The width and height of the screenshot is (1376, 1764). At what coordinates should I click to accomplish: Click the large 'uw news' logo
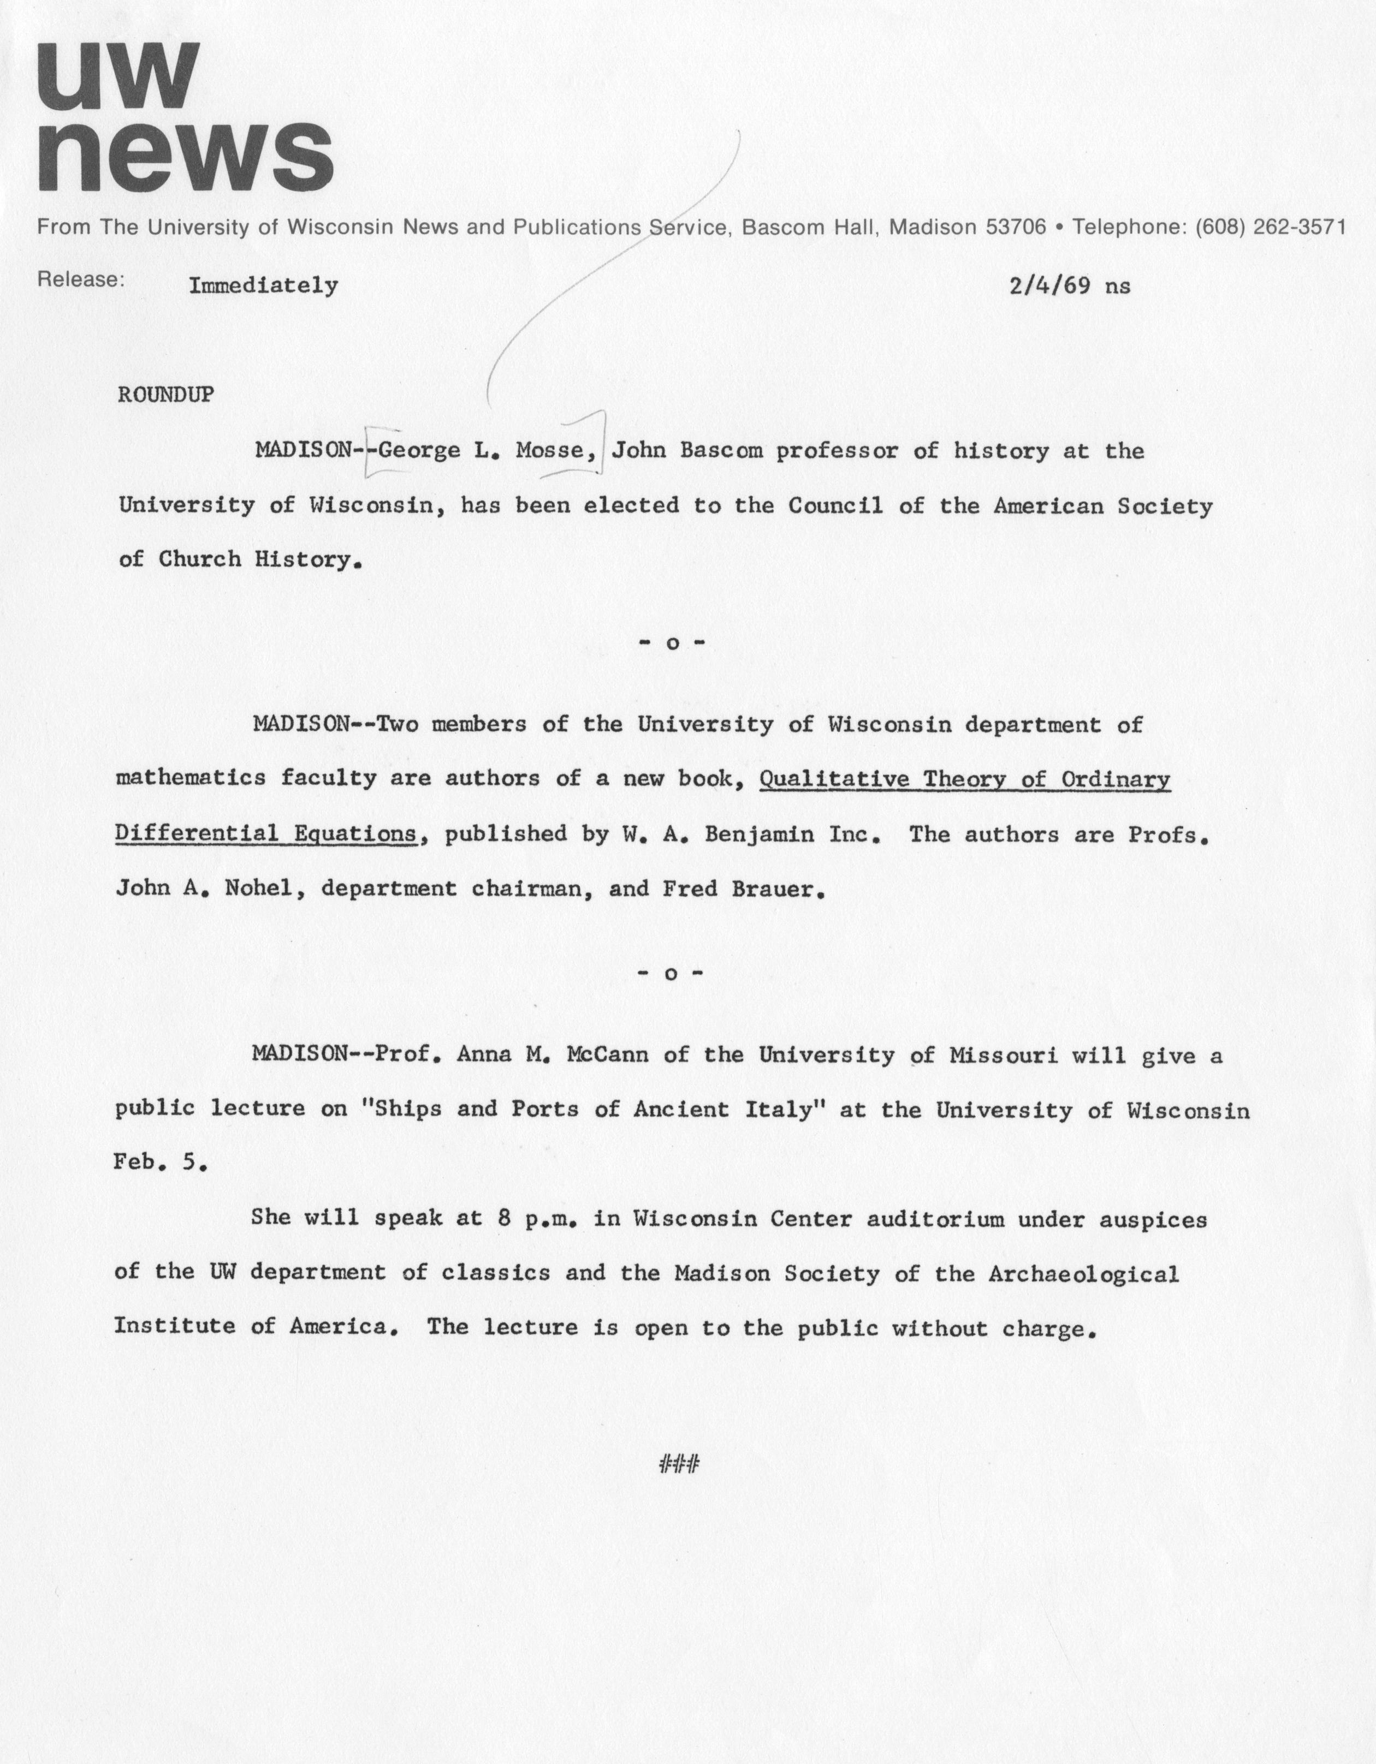coord(184,117)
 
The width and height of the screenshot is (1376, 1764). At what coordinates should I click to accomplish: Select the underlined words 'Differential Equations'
coord(266,833)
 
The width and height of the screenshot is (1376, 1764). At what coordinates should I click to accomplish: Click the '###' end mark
coord(679,1463)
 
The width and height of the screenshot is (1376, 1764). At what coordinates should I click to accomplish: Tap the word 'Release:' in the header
coord(81,279)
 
